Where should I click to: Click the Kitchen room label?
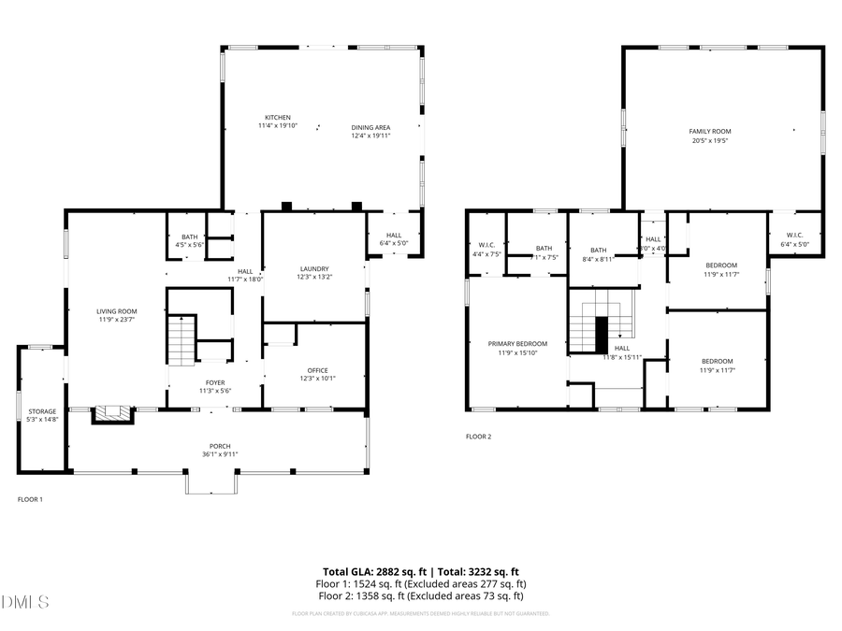277,118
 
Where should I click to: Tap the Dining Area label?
370,127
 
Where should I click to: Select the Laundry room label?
313,269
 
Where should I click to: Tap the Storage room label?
41,411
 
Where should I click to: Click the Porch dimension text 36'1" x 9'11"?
220,454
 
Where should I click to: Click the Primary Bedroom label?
517,344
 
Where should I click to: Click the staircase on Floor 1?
181,340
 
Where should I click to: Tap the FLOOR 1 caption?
30,499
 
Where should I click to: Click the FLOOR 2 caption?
478,437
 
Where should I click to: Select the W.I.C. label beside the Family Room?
794,235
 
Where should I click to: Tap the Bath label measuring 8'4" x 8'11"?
598,251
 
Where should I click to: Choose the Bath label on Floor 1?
190,237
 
